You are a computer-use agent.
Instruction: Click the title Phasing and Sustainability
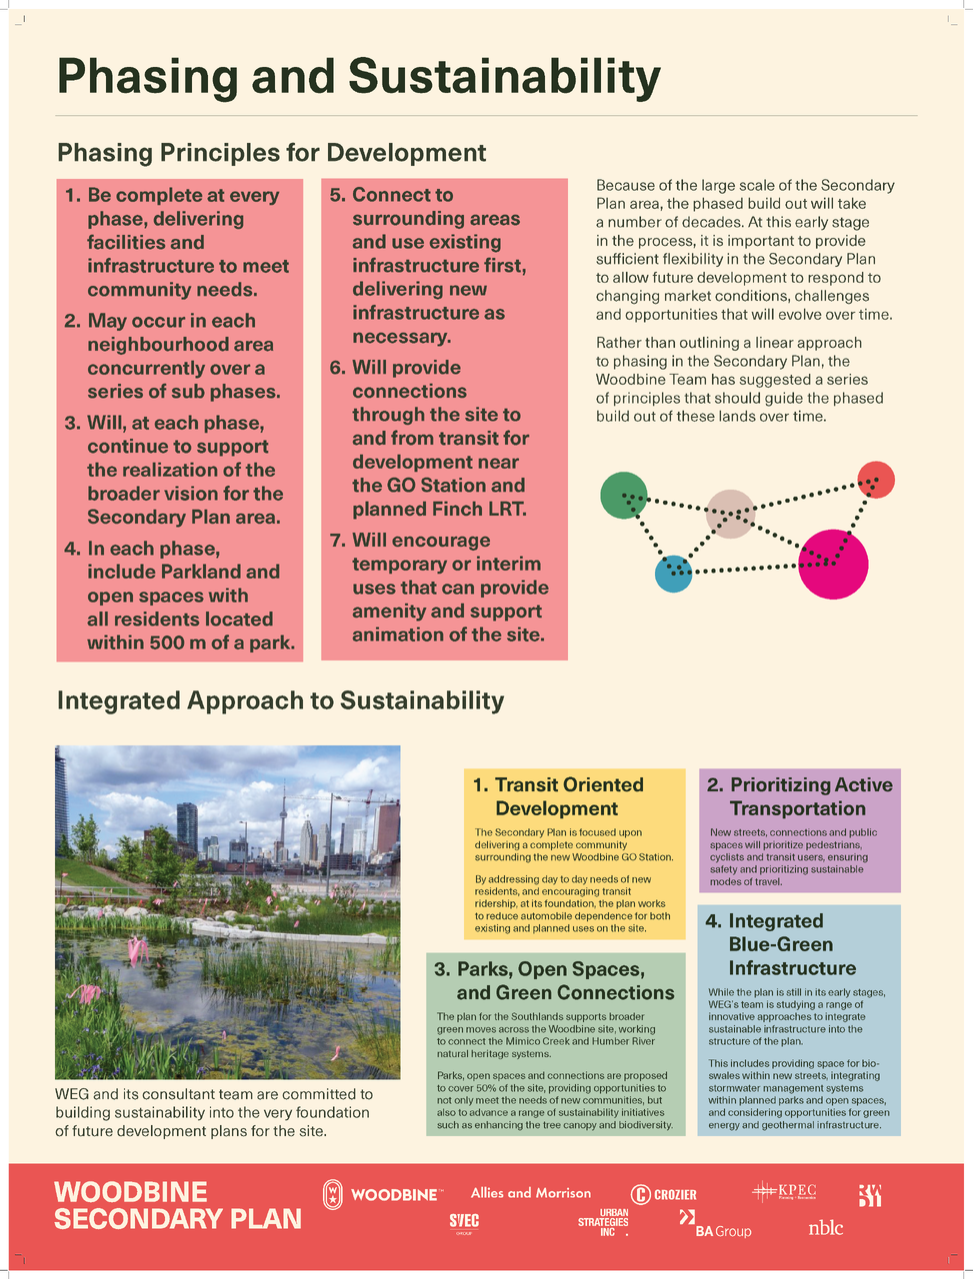pos(359,77)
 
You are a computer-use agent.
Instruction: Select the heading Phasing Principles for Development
pos(271,153)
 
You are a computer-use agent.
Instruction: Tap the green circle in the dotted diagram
pos(623,495)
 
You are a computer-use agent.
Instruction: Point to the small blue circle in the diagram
pos(673,574)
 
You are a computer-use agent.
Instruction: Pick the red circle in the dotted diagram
pos(876,480)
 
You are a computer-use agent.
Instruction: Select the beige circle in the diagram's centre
pos(731,514)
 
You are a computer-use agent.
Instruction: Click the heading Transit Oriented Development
pos(569,796)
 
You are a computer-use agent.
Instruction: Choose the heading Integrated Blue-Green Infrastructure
pos(791,944)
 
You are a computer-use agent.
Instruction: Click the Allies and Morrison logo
pos(530,1193)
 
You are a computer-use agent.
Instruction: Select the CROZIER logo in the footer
pos(664,1194)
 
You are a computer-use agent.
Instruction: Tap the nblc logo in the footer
pos(826,1227)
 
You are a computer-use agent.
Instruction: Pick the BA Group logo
pos(715,1225)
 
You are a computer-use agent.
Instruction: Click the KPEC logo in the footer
pos(785,1191)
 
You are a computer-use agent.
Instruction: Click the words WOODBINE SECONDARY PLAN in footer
pos(178,1205)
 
